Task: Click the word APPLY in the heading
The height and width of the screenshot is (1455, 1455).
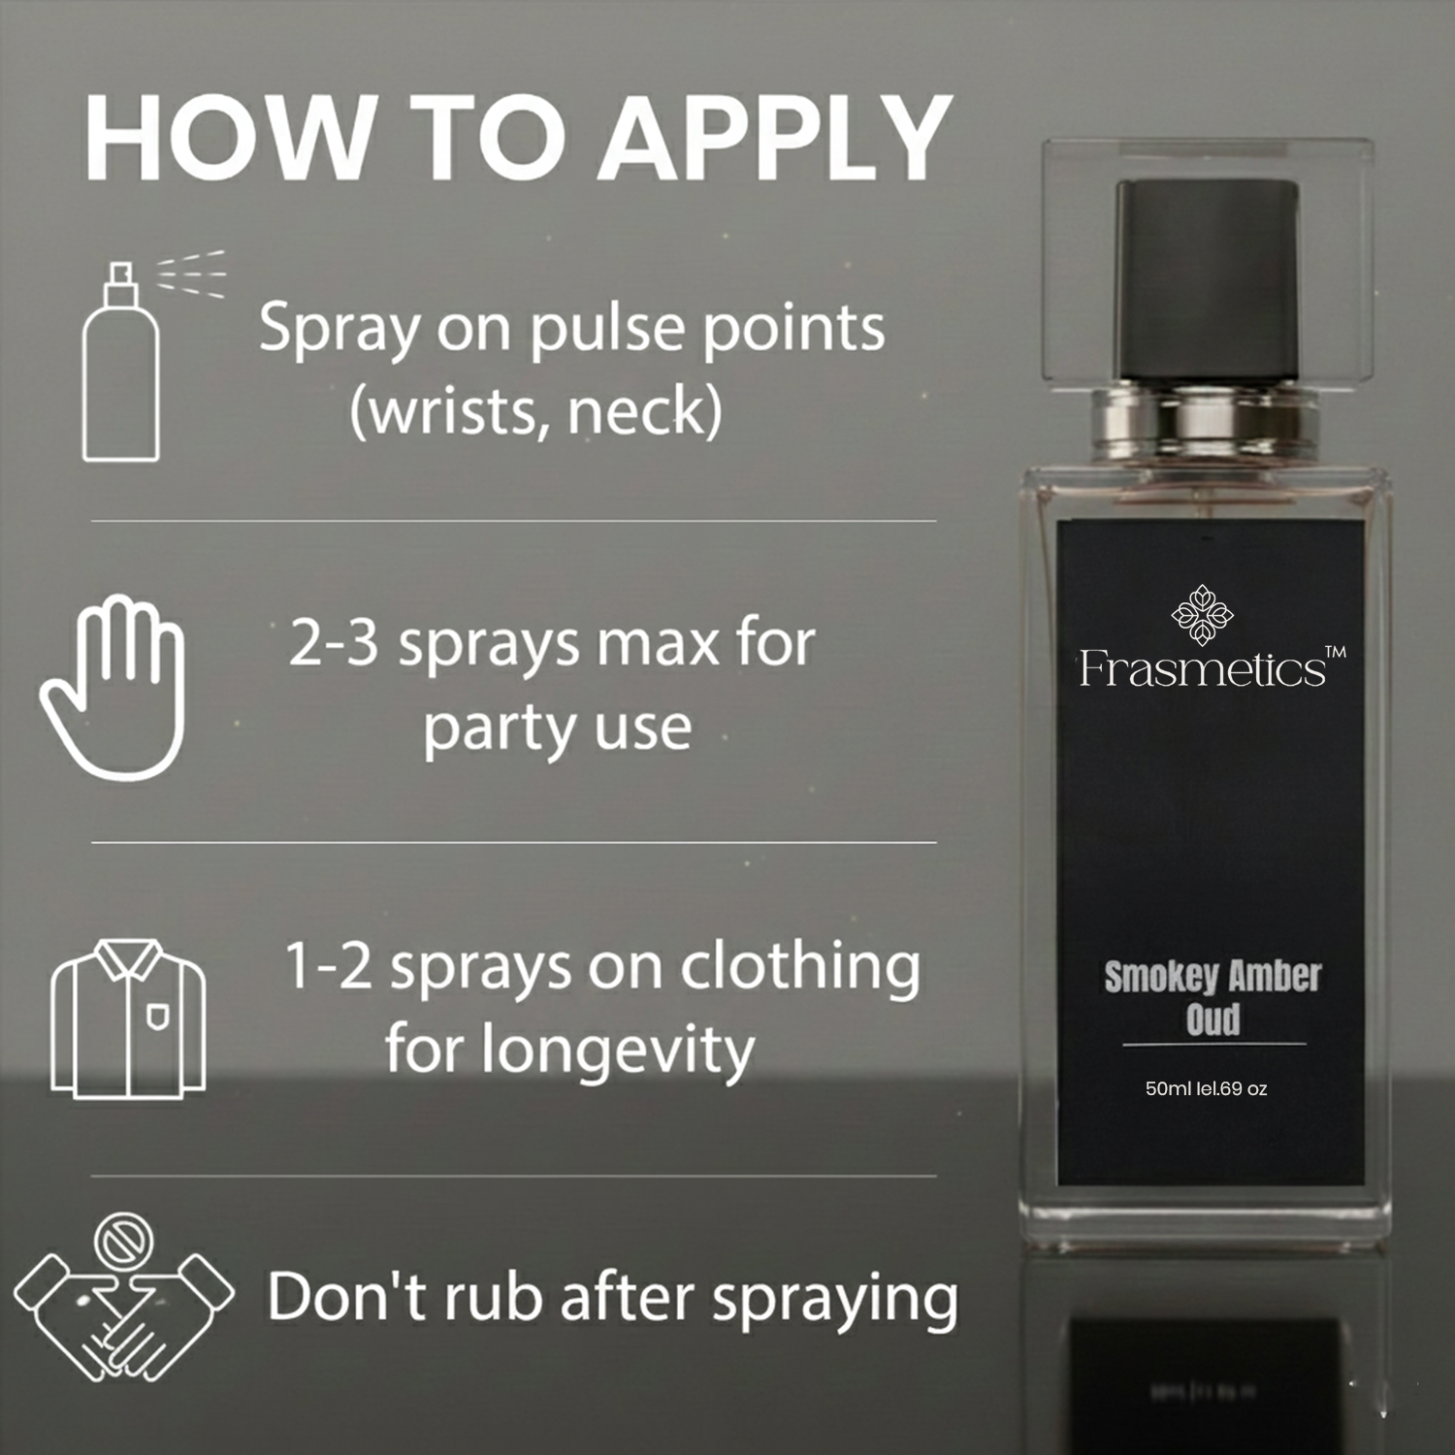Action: click(x=772, y=137)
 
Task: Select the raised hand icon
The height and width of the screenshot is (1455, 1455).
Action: click(x=112, y=688)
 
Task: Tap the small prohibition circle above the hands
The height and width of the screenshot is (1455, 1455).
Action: click(x=124, y=1239)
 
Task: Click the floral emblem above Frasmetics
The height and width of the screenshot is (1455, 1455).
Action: click(x=1203, y=613)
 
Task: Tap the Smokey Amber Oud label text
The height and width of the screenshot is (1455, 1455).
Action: click(x=1212, y=996)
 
